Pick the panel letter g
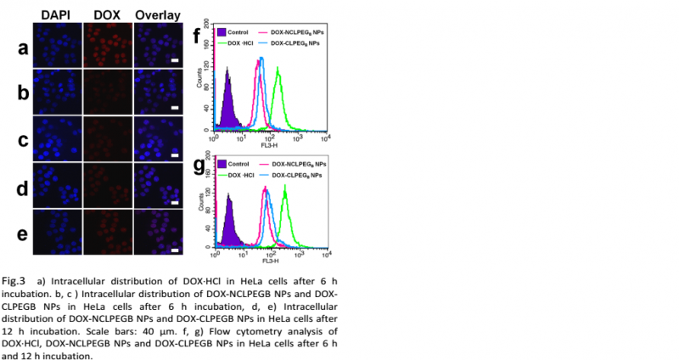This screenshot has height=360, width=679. click(200, 166)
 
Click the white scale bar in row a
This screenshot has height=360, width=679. click(175, 59)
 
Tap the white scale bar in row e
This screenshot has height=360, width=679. click(175, 250)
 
